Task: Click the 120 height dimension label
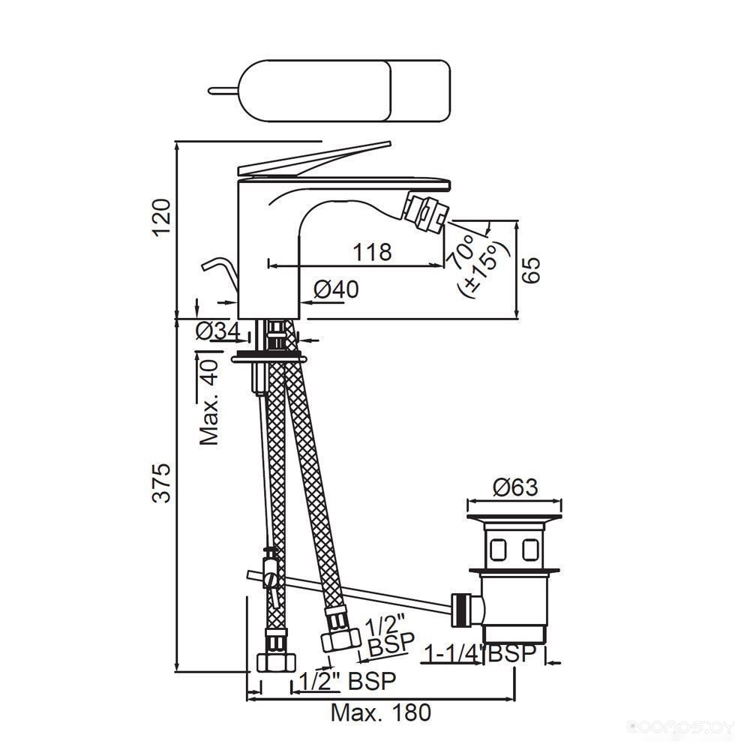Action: click(162, 217)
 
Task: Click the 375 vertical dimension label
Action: click(162, 482)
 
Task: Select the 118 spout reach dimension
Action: click(372, 251)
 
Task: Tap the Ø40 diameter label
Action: click(336, 289)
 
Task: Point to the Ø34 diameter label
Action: click(218, 331)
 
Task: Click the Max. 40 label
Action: click(209, 402)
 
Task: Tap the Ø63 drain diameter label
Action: click(516, 487)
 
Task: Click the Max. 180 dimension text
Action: click(381, 712)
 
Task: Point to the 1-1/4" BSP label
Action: click(480, 654)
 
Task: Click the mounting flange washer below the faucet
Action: click(268, 357)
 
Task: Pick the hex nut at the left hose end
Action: click(277, 662)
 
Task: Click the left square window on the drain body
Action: click(499, 549)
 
